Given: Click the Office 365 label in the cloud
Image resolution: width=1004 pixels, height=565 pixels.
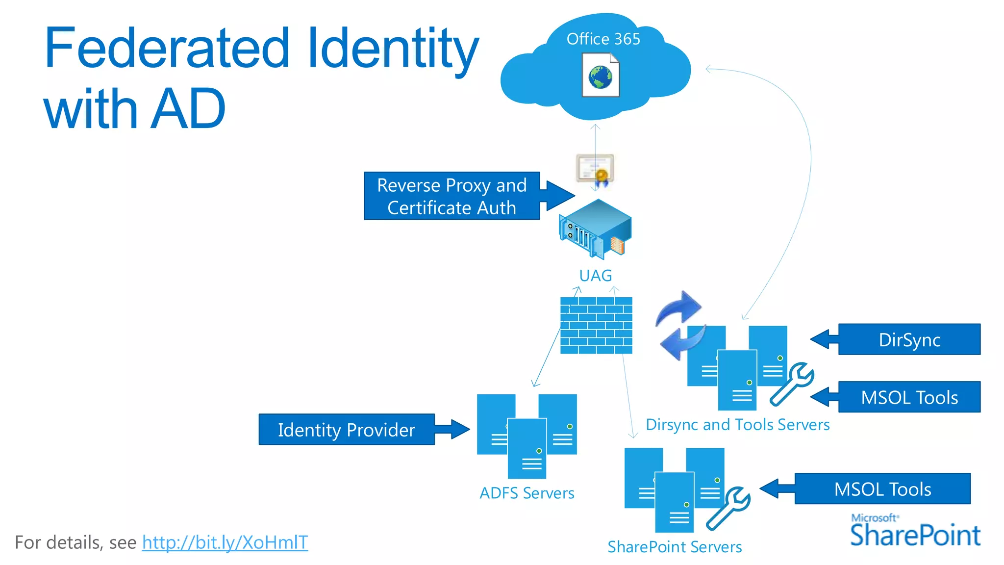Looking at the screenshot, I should tap(603, 39).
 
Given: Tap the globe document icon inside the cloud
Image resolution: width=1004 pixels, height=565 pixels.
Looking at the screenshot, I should tap(601, 76).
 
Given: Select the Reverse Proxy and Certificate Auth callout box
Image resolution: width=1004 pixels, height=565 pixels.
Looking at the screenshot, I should tap(452, 196).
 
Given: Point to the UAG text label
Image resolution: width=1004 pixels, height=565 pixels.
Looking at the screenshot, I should tap(595, 276).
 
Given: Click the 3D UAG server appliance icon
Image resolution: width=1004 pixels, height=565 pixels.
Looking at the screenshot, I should tap(595, 229).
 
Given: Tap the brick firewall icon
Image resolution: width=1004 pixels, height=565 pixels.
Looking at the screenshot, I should tap(596, 325).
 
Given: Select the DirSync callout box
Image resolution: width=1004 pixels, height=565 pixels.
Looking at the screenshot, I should tap(909, 339).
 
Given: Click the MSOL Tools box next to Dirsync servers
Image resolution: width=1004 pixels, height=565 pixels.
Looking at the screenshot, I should tap(909, 397).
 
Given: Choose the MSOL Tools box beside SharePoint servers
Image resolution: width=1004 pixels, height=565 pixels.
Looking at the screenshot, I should tap(882, 489).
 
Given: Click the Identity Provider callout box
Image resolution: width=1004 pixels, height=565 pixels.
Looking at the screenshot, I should tap(346, 430).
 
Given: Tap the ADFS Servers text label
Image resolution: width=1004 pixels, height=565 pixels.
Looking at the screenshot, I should tap(527, 493).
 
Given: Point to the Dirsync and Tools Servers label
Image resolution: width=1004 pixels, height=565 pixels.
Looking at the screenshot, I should tap(737, 425).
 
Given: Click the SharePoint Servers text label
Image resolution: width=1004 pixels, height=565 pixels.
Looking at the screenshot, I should tap(675, 547).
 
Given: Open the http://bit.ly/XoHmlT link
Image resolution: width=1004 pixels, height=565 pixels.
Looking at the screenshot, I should tap(225, 542).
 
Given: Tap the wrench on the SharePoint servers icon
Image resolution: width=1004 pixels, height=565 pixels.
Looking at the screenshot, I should tap(728, 509).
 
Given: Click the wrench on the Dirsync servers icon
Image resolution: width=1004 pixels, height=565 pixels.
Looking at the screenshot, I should tap(792, 384).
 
